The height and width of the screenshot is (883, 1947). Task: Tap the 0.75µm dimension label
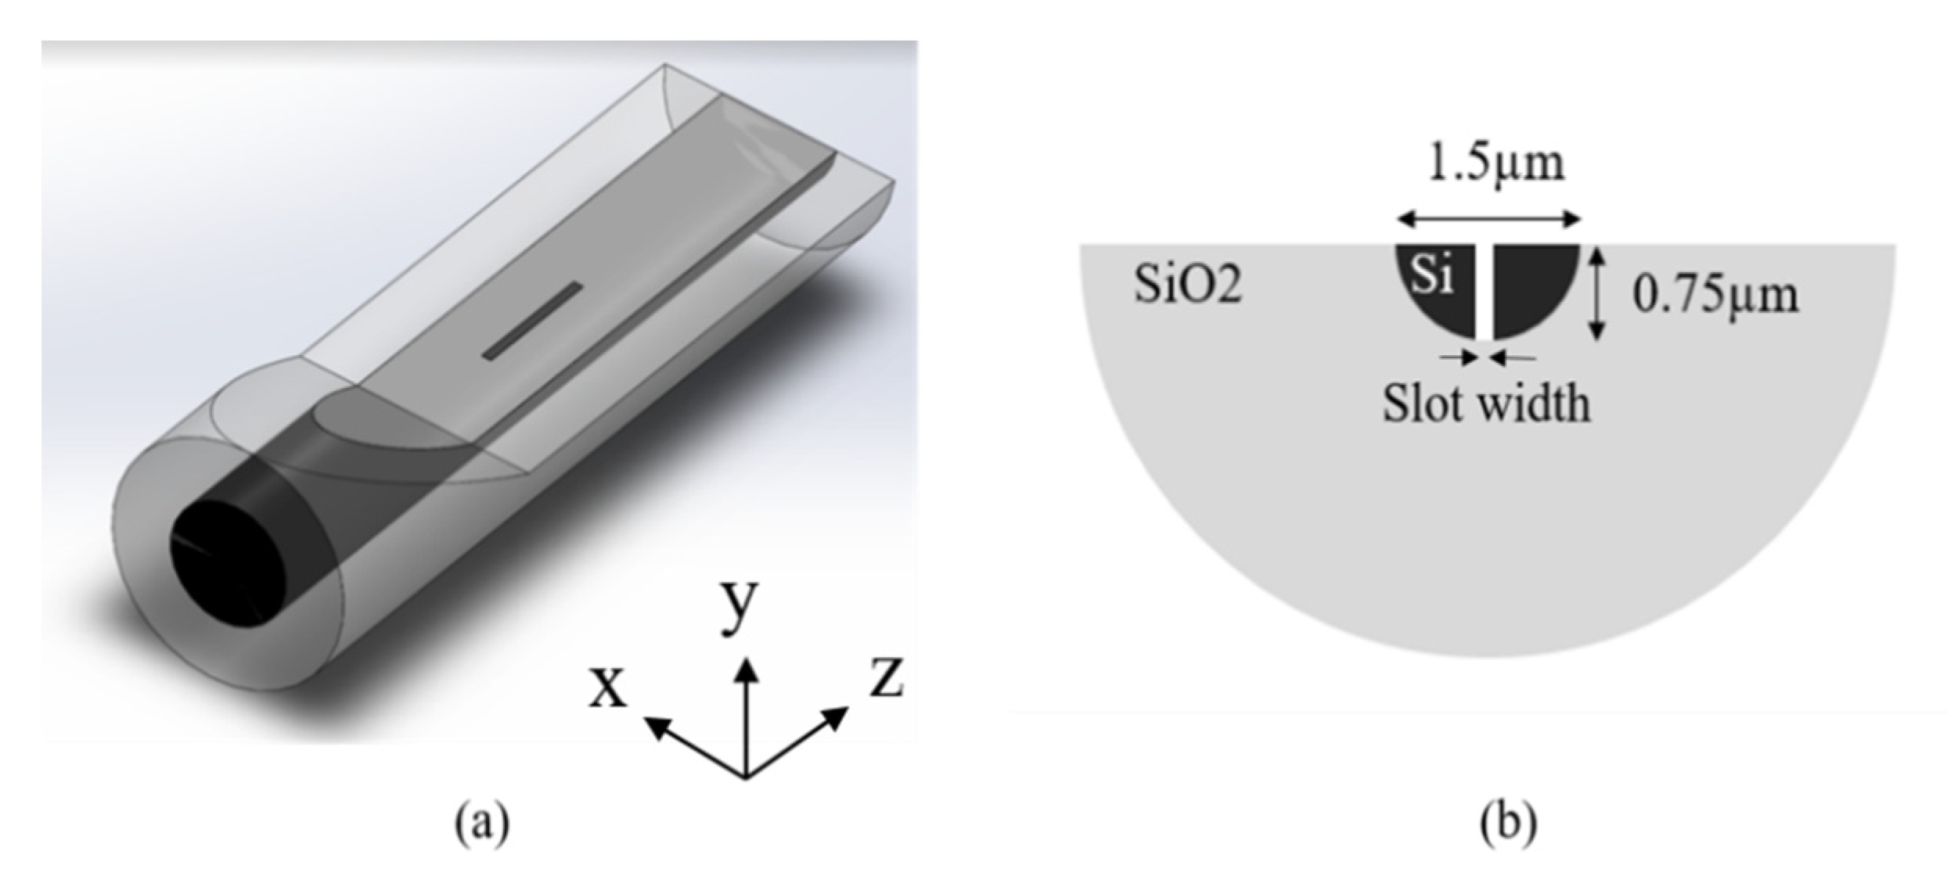1715,296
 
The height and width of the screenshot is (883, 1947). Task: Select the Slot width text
1485,404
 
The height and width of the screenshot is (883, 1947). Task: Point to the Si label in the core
1431,276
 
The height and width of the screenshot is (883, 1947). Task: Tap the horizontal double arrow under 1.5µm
1489,220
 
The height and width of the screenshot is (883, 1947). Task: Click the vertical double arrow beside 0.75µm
1596,293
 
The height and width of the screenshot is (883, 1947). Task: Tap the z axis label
887,678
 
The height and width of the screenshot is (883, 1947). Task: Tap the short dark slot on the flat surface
533,321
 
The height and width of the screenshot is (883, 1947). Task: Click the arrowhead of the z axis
837,715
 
